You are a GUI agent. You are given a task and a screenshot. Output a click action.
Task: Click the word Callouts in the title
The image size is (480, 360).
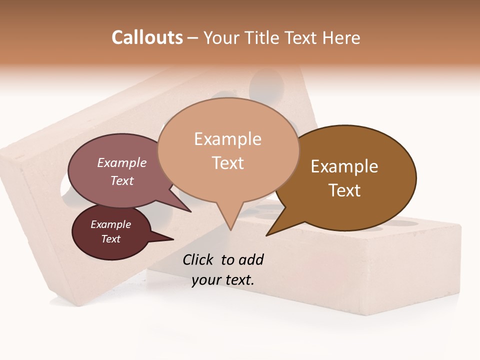coord(147,37)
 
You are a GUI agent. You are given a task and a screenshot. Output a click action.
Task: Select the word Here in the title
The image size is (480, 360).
coord(341,37)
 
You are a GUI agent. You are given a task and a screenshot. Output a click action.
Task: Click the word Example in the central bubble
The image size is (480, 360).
coord(227,139)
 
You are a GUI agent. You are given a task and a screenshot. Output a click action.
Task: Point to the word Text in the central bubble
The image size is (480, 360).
coord(227,163)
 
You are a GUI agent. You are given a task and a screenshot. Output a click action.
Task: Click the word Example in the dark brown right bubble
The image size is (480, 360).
coord(344,166)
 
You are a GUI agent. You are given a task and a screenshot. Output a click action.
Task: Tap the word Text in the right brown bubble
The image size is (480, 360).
coord(344,190)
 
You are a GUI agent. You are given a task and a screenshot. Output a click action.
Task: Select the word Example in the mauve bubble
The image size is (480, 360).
coord(121,162)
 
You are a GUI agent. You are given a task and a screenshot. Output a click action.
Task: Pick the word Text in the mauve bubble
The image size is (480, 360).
coord(121,180)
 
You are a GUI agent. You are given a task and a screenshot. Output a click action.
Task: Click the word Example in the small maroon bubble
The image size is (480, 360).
coord(110,224)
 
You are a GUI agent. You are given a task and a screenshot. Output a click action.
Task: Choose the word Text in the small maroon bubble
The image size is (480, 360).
coord(110,239)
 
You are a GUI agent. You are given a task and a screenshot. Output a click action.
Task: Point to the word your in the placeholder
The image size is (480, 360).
coord(205,280)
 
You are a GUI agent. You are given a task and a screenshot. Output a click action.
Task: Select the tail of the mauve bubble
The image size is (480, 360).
coord(187,209)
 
